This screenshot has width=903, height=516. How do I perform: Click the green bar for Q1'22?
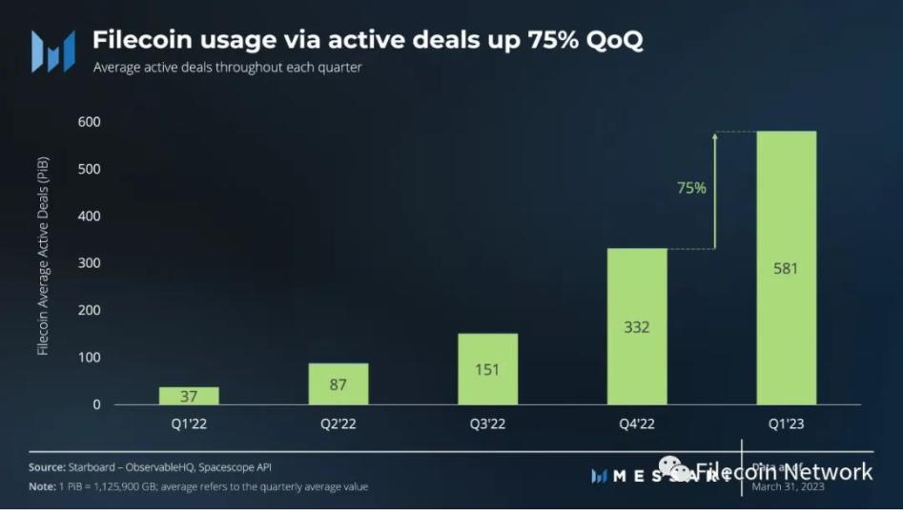[189, 395]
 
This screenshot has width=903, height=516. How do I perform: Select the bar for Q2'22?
[338, 383]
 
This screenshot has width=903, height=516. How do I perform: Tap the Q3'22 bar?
[488, 368]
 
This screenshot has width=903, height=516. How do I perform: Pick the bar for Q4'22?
[637, 326]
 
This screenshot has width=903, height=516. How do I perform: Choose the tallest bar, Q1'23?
[786, 267]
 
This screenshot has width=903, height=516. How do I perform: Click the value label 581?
[786, 268]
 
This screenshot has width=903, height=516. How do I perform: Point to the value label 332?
[637, 327]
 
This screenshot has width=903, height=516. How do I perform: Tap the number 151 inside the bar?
[488, 370]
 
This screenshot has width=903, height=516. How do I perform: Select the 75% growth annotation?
[691, 188]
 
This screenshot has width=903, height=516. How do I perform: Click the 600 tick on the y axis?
[90, 122]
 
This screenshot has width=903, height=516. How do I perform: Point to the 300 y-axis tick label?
[90, 263]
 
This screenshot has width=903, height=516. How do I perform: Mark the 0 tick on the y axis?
[95, 404]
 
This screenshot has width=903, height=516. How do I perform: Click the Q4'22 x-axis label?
[637, 423]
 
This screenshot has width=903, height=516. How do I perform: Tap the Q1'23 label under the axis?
[786, 423]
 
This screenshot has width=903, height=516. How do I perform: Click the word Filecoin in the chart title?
[139, 41]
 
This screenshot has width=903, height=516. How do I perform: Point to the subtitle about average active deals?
[227, 69]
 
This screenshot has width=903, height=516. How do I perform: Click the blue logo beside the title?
[52, 51]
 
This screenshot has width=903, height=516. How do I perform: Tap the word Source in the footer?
[47, 466]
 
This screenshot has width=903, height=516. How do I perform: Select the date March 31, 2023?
[789, 486]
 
